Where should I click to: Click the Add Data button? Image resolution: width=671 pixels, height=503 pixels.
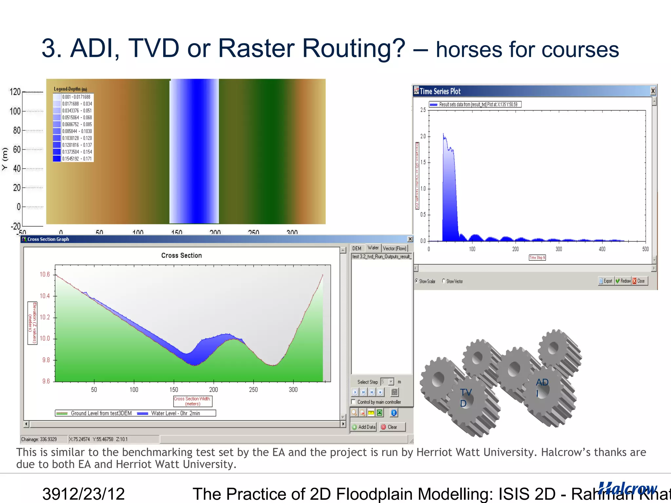point(364,427)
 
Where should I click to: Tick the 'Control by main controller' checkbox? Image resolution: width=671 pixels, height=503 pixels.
point(354,402)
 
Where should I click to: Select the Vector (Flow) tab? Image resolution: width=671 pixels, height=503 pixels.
point(394,249)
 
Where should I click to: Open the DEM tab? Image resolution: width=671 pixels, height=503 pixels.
point(357,249)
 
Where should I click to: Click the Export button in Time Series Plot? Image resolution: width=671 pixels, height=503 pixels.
point(605,281)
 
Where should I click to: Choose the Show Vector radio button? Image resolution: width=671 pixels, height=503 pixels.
point(444,281)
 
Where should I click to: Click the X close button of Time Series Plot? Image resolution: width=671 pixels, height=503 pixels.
point(653,91)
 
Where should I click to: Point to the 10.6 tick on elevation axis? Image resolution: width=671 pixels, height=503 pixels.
point(45,274)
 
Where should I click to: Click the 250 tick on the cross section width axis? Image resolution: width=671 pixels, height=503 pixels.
point(253,390)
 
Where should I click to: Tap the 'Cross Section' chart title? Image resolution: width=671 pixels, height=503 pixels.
point(181,255)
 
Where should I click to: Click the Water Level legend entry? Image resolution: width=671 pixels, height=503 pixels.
point(175,413)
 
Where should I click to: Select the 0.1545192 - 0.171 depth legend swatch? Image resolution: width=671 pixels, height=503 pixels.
point(57,159)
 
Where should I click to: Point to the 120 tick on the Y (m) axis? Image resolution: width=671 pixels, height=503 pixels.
point(15,92)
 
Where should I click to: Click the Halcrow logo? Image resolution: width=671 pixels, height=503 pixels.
point(627,489)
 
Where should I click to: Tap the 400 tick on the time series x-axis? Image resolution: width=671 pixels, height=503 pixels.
point(602,249)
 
